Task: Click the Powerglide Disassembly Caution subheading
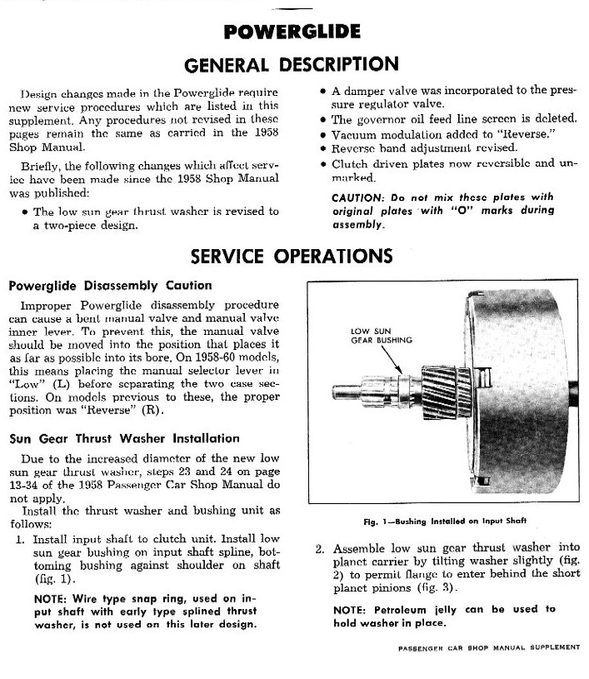(110, 285)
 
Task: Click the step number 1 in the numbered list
(20, 539)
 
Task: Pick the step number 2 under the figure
(320, 549)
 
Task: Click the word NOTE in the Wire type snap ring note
(52, 599)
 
